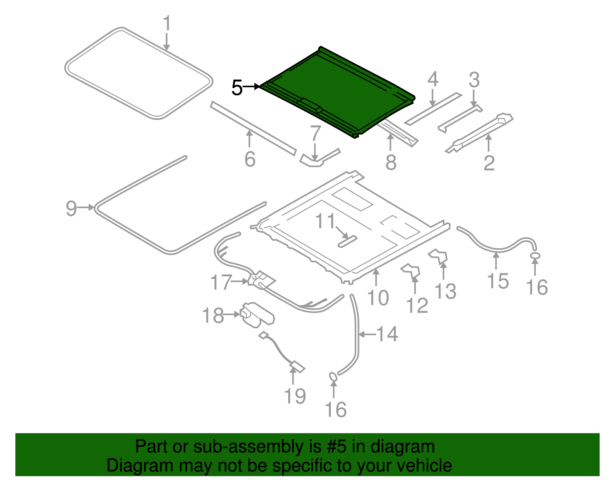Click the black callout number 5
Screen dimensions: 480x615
click(x=237, y=88)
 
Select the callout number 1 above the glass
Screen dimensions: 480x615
click(x=166, y=24)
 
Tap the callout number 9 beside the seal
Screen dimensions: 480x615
click(x=71, y=208)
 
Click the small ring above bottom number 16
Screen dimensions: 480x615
click(x=333, y=377)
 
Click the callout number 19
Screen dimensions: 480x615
click(x=295, y=396)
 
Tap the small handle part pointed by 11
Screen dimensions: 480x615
click(x=347, y=242)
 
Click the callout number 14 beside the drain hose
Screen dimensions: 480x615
click(x=387, y=334)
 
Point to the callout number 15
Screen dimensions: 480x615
click(x=498, y=281)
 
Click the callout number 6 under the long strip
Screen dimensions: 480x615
click(x=250, y=159)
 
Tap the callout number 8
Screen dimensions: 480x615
click(x=391, y=162)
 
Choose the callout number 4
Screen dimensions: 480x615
click(x=433, y=79)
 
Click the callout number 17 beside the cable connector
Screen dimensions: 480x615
click(x=221, y=282)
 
